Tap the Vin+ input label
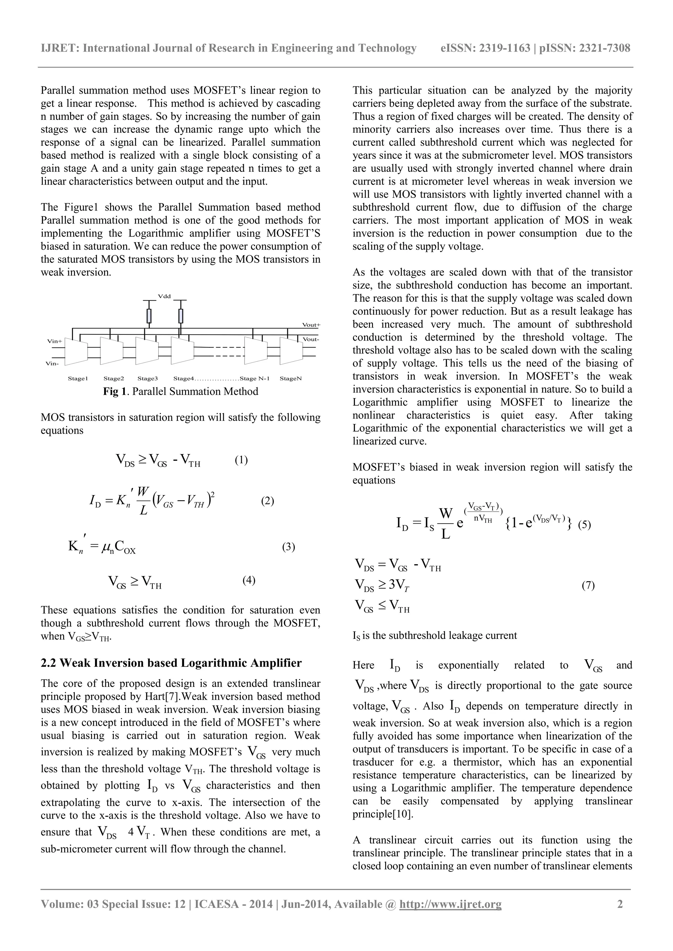[x=54, y=341]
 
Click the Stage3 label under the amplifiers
[x=148, y=378]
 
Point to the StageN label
[x=290, y=378]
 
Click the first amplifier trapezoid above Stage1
[x=76, y=351]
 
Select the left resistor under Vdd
[x=149, y=316]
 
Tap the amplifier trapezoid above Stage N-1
[x=256, y=351]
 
